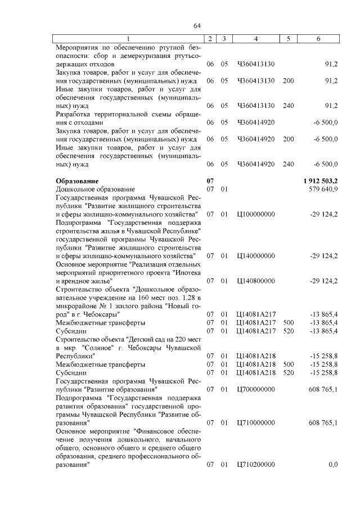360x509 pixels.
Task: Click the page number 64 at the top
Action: (197, 26)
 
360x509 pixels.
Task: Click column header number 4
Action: (256, 38)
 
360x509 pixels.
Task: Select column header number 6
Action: (319, 38)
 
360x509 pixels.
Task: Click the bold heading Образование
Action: (77, 181)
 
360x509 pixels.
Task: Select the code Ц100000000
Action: (256, 214)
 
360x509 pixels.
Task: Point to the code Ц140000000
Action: (256, 256)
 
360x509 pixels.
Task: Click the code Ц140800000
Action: (256, 280)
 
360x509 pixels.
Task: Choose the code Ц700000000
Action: (256, 389)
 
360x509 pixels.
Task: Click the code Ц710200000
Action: (256, 464)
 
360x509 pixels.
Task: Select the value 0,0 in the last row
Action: (332, 464)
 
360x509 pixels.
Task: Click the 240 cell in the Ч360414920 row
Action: (289, 164)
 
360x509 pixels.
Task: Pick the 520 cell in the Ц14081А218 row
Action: (289, 372)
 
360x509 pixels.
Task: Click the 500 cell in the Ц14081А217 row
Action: (289, 323)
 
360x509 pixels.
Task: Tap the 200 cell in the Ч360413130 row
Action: (289, 80)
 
